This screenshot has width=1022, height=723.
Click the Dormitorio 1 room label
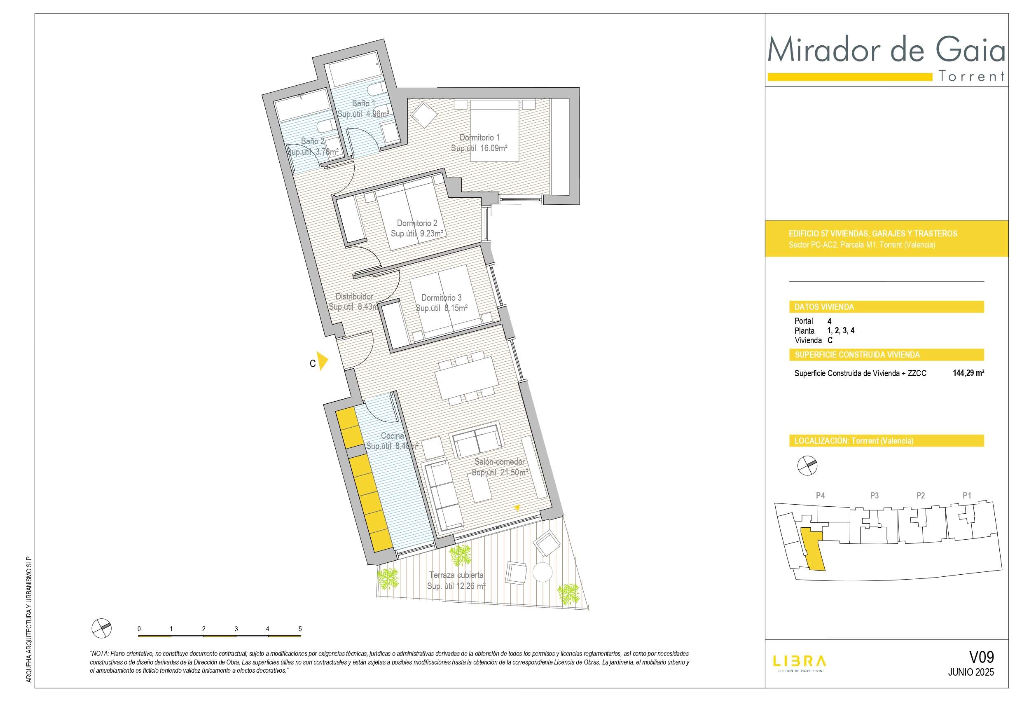(479, 138)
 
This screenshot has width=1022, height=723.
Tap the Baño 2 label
(313, 141)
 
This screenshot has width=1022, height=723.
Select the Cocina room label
(392, 436)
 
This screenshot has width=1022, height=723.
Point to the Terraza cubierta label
(456, 575)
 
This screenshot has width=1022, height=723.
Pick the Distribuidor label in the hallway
(354, 296)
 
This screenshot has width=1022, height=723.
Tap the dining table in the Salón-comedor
(466, 378)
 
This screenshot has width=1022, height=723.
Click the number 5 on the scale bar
(300, 629)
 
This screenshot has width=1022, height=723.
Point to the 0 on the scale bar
(139, 629)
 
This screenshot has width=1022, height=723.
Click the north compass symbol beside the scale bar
(101, 628)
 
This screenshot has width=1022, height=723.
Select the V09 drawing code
(982, 657)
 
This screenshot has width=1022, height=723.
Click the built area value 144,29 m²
(968, 373)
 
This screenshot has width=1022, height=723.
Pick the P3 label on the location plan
(874, 495)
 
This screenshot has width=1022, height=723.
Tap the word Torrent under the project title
(972, 76)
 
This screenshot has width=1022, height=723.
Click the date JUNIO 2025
(971, 672)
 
